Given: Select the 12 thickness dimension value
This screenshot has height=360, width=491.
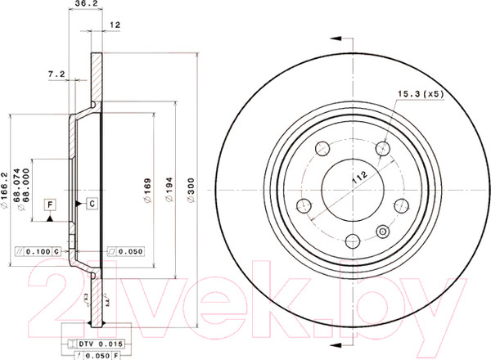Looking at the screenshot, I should [x=115, y=26].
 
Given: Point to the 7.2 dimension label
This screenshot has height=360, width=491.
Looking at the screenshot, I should [x=56, y=74].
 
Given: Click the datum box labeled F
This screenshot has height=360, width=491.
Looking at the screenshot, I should [x=50, y=202].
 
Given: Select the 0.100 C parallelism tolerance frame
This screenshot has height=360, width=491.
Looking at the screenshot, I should [x=37, y=250].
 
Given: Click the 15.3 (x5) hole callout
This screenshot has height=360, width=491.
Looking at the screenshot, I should [x=419, y=96].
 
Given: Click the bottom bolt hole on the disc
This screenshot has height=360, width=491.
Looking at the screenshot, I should [x=351, y=240].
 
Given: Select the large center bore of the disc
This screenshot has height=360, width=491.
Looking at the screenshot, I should [x=351, y=185].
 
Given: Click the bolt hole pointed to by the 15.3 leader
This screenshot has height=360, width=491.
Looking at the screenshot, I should [x=382, y=150].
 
